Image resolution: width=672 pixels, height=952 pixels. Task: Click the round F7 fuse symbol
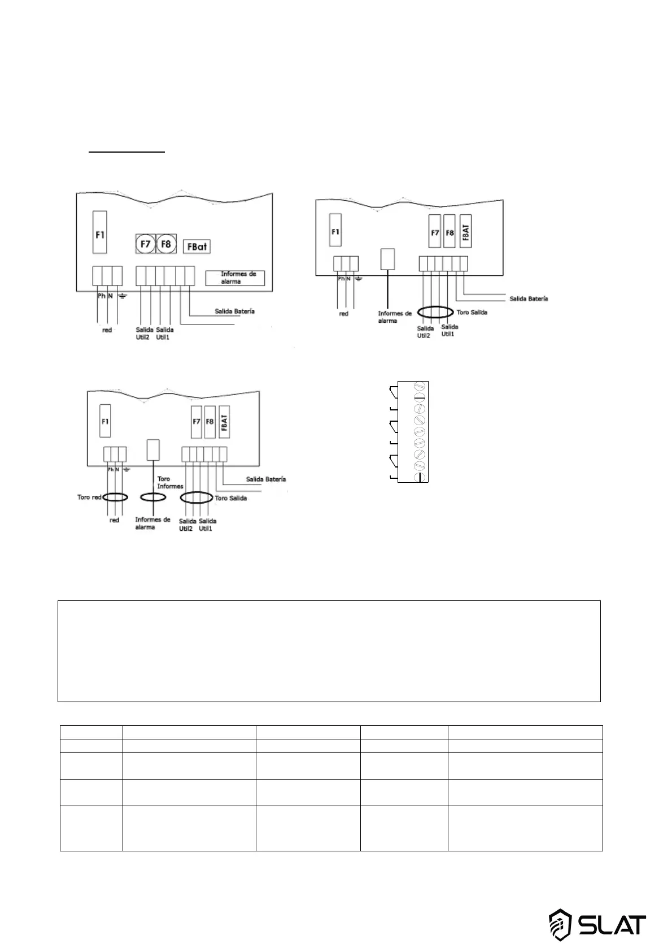pos(145,244)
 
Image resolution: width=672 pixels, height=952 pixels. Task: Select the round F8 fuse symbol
pos(166,244)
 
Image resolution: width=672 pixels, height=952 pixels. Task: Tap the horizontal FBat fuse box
pos(197,246)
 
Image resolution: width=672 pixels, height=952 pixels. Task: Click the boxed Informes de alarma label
pos(235,278)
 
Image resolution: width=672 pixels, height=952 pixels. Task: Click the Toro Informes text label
pos(169,483)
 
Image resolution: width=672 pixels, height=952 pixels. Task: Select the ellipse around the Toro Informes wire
pos(153,497)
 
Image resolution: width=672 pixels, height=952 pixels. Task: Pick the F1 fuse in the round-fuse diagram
pos(99,233)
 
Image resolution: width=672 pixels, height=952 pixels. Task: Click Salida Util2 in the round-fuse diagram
pos(145,334)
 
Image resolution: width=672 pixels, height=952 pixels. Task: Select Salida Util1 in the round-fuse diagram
pos(164,334)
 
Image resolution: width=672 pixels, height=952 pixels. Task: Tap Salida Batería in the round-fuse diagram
pos(234,311)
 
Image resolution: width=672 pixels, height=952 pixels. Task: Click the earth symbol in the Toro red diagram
pos(126,469)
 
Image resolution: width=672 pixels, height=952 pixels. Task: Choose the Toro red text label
pos(89,497)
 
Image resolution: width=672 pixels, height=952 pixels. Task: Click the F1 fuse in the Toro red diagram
pos(105,421)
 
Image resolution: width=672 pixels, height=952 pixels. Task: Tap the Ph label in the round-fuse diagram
pos(102,296)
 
